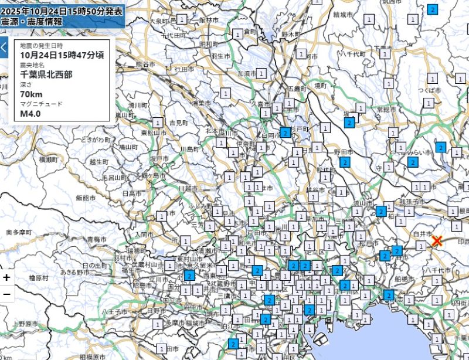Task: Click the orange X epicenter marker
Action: (x=437, y=241)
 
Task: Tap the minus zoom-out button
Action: (x=6, y=294)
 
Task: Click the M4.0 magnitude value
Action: (x=30, y=113)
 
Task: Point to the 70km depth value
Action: (x=30, y=94)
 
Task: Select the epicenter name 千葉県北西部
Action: (x=47, y=74)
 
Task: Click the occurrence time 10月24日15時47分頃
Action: (x=62, y=55)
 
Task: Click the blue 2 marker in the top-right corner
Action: (x=433, y=9)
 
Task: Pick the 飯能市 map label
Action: (x=86, y=198)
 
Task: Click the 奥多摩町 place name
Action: (x=18, y=233)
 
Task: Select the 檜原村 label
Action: (x=39, y=277)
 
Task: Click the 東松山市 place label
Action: (x=153, y=133)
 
